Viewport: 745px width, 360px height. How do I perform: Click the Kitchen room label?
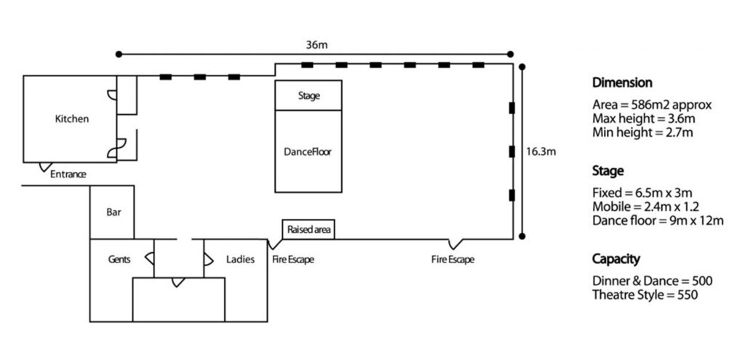click(x=72, y=119)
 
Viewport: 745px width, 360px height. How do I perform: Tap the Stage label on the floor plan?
click(x=309, y=95)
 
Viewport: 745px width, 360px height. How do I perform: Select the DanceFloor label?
click(x=308, y=152)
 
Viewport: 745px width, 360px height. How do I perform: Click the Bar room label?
click(x=113, y=213)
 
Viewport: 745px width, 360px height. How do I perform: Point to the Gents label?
click(x=119, y=259)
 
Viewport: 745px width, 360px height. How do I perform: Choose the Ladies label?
click(x=241, y=259)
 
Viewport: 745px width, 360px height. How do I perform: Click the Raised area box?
click(x=309, y=230)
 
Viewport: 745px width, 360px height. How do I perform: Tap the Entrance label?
click(x=68, y=175)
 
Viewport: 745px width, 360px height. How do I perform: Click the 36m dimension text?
click(x=317, y=45)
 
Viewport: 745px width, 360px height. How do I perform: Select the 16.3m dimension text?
click(x=541, y=152)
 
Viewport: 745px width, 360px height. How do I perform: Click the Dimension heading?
click(x=622, y=83)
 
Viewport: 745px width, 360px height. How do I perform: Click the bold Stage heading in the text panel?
click(x=608, y=172)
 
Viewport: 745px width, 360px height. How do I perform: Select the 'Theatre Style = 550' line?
click(x=645, y=295)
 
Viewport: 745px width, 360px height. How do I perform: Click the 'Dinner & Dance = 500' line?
click(x=652, y=281)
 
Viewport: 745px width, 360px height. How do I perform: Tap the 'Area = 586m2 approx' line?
click(x=652, y=105)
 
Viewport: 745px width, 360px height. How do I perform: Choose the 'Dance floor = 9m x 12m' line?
click(x=658, y=220)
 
